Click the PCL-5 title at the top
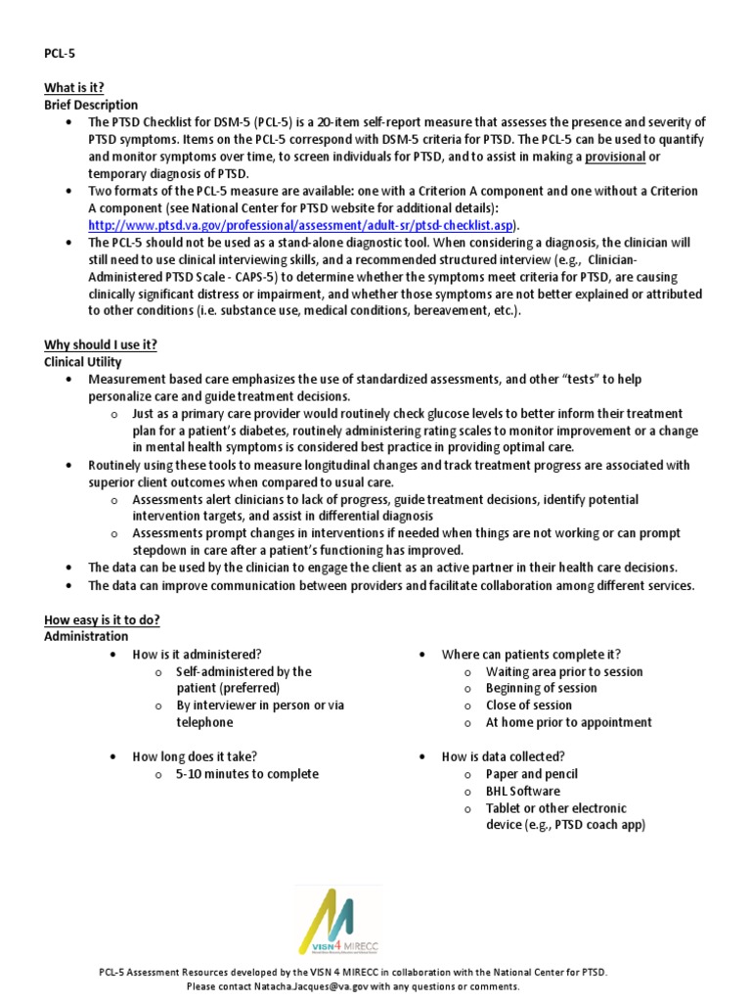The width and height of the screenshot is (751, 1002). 60,54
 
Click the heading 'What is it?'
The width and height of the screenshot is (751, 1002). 74,87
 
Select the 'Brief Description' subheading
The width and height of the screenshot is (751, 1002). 91,105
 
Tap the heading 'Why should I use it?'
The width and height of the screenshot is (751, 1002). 101,344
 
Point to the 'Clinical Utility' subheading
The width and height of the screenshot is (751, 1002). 83,362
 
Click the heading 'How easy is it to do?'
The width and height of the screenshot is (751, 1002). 103,619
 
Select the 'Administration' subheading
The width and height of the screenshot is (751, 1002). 86,637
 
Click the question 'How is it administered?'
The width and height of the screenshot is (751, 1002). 197,654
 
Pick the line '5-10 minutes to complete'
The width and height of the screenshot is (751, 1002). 246,774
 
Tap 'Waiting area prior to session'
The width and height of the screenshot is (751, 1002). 564,671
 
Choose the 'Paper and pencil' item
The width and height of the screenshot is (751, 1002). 532,774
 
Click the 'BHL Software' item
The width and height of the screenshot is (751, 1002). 523,791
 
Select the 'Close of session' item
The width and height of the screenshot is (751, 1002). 528,706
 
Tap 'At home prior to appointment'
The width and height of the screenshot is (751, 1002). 568,722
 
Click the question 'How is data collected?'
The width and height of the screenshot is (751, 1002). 504,756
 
